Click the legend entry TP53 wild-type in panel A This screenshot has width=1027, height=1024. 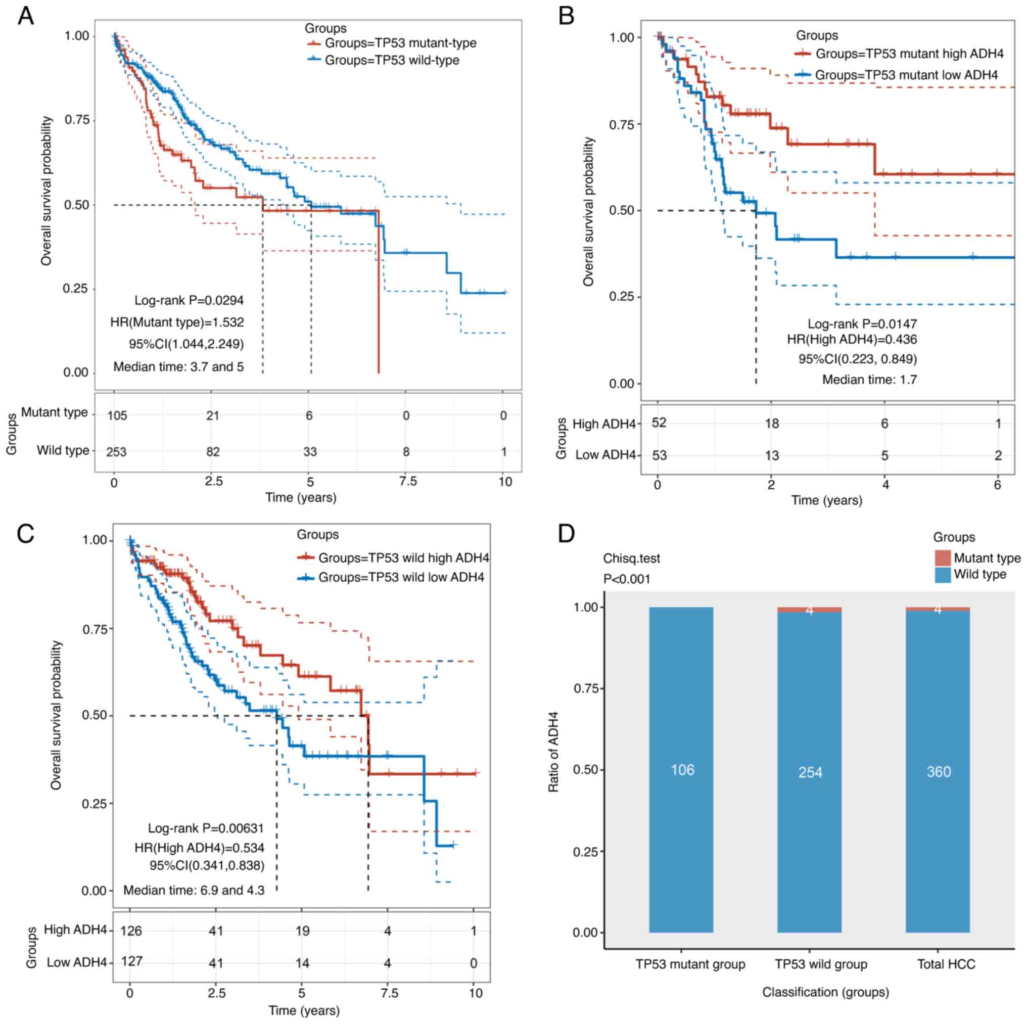pos(392,60)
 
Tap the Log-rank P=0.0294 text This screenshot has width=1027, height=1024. pos(189,300)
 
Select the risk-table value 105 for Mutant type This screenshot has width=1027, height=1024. pos(117,415)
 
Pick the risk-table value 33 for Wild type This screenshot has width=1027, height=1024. pos(309,451)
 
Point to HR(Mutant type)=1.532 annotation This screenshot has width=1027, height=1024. pos(177,322)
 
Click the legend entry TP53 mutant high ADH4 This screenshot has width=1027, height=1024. pos(909,54)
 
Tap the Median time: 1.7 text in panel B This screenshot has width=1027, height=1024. pos(869,380)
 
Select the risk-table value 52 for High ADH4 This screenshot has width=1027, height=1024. pos(659,423)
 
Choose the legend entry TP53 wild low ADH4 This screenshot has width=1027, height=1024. pos(401,577)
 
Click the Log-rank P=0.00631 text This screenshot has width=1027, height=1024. pos(206,828)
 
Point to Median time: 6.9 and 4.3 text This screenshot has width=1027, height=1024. pos(194,890)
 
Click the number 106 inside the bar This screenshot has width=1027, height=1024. pos(682,770)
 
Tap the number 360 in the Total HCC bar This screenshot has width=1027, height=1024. pos(938,771)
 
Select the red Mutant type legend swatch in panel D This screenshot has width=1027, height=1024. pos(943,557)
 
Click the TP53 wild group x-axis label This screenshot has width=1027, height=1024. pos(821,964)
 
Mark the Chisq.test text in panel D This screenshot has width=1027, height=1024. pos(631,558)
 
